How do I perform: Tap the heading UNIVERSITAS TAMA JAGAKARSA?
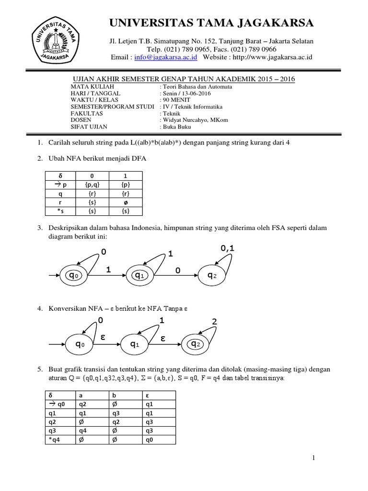coord(212,23)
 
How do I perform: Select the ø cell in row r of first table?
coord(125,203)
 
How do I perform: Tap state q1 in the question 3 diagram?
coord(139,275)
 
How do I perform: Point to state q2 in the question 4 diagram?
coord(195,344)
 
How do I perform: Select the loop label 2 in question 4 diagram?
coord(214,322)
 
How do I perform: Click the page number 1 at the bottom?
coord(313,458)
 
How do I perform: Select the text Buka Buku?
coord(177,127)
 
